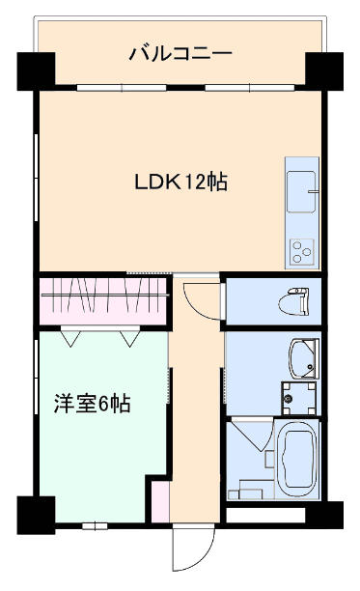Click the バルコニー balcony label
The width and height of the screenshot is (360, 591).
pos(180,53)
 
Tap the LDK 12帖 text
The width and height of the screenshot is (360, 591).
pos(181,182)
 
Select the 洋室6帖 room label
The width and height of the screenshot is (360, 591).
pos(93,404)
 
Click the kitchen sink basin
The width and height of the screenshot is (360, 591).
pos(301,191)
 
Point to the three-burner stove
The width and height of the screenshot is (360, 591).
pos(302,252)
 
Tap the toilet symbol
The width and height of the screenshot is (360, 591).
pos(293,300)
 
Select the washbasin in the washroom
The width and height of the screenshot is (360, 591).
pos(303,358)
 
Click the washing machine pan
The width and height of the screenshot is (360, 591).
pos(299,399)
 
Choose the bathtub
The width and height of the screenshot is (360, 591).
pos(297,460)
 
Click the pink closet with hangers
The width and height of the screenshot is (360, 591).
pos(103,300)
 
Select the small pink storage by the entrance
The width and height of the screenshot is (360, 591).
pos(160,501)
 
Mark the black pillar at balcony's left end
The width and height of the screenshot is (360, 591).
pos(36,71)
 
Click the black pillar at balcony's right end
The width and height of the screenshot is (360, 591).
pos(324,71)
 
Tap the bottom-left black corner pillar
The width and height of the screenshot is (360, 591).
pos(36,516)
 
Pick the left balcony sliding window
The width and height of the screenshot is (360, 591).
pos(122,88)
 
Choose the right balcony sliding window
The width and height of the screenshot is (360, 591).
pos(249,88)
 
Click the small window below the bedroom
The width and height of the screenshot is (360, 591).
pos(95,525)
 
